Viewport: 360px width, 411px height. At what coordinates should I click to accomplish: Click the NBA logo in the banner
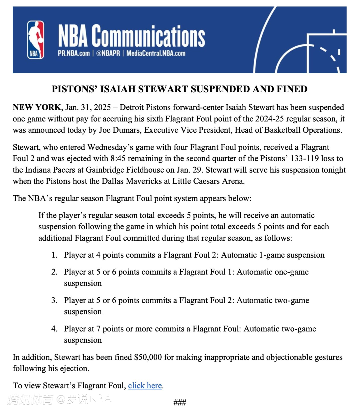click(x=36, y=40)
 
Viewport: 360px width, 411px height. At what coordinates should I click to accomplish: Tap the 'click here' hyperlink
click(x=145, y=386)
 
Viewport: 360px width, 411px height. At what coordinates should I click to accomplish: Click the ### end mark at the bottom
click(x=180, y=402)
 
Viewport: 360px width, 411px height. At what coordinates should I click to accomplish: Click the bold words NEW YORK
click(x=37, y=107)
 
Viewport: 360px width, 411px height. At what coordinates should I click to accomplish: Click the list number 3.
click(x=54, y=300)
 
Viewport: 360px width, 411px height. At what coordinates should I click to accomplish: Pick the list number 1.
click(x=54, y=255)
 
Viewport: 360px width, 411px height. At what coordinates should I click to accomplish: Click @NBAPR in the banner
click(x=108, y=53)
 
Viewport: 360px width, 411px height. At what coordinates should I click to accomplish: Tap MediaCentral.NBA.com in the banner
click(x=156, y=53)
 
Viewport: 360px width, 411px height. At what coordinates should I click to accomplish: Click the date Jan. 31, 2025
click(x=88, y=107)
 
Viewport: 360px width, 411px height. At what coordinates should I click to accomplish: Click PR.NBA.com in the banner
click(x=74, y=53)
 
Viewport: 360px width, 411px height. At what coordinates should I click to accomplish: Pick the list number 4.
click(x=54, y=329)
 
